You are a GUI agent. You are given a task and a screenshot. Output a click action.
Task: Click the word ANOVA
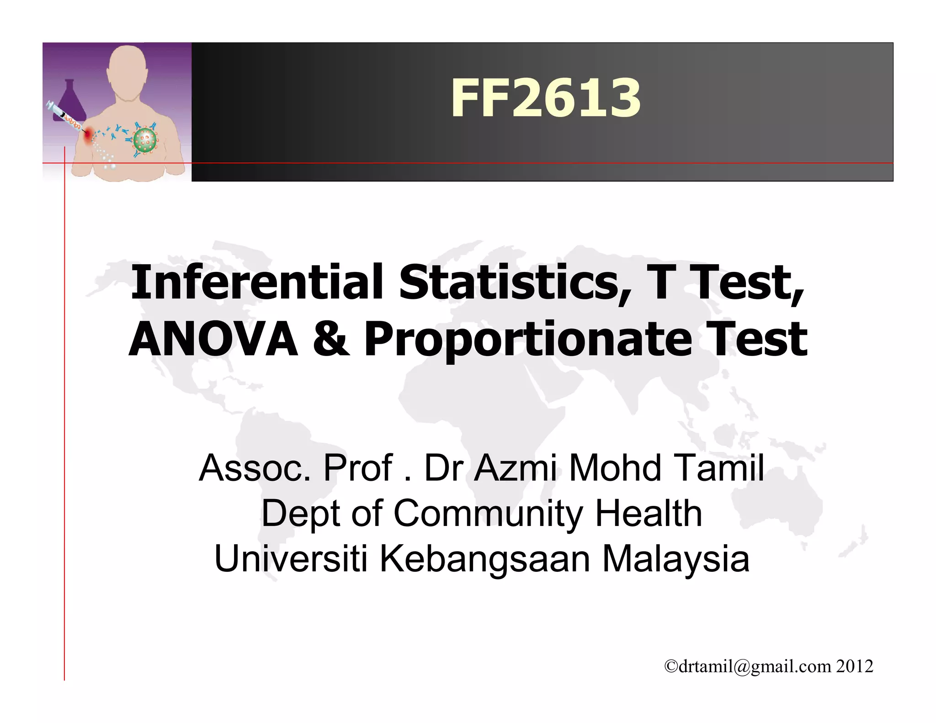[x=213, y=339]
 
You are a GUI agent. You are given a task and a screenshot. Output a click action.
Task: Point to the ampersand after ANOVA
[x=331, y=339]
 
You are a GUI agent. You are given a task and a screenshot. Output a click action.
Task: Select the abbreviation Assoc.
[x=255, y=468]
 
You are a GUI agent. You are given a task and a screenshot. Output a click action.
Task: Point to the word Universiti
[x=291, y=558]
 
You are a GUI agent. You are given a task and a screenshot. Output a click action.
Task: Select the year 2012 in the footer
[x=855, y=666]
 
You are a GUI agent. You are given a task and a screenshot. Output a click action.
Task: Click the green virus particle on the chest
[x=145, y=140]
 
